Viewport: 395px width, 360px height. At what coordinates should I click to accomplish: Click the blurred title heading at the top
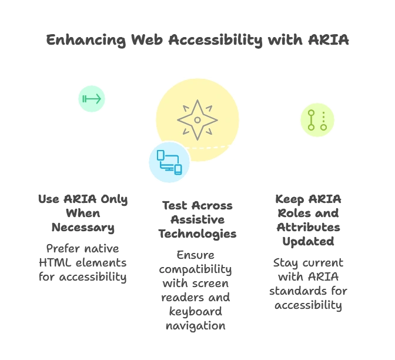[x=197, y=41]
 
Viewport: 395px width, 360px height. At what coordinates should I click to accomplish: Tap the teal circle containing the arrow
[x=92, y=99]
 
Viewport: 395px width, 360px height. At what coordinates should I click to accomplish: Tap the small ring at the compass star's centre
[x=197, y=120]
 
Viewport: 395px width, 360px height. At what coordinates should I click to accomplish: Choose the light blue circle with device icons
[x=169, y=162]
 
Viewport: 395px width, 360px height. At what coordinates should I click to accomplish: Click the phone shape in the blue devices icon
[x=178, y=169]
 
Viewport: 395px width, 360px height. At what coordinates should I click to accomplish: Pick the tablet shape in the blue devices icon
[x=160, y=155]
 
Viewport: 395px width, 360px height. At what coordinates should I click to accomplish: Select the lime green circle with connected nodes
[x=317, y=120]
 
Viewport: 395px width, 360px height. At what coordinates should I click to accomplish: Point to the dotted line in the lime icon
[x=323, y=118]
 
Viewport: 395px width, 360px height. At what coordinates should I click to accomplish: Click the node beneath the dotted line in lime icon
[x=323, y=127]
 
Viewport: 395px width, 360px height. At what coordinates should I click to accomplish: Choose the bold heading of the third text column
[x=308, y=220]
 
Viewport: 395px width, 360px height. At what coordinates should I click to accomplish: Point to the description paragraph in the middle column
[x=197, y=291]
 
